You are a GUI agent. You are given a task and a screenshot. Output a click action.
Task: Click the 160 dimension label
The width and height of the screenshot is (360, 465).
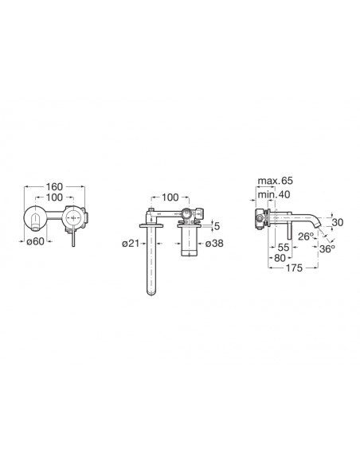click(x=54, y=187)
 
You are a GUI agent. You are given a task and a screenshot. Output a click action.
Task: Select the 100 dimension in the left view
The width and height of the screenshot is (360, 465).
click(x=54, y=197)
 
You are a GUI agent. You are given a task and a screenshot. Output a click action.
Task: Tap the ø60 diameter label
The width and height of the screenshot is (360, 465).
click(x=35, y=241)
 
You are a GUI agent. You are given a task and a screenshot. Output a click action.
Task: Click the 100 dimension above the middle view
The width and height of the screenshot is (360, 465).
click(x=170, y=197)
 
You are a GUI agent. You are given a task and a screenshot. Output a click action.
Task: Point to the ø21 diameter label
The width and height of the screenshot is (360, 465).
click(x=131, y=244)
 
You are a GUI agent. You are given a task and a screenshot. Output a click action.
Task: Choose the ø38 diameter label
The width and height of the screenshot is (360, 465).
click(x=214, y=244)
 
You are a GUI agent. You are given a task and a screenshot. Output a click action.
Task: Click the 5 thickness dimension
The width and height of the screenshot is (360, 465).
click(x=217, y=226)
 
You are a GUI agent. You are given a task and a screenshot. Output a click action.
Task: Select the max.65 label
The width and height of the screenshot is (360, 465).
click(x=276, y=181)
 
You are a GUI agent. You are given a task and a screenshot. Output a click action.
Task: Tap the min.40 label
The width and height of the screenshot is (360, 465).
click(x=274, y=194)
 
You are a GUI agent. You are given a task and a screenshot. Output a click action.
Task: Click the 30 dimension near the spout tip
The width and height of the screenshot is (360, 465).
click(x=338, y=222)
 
